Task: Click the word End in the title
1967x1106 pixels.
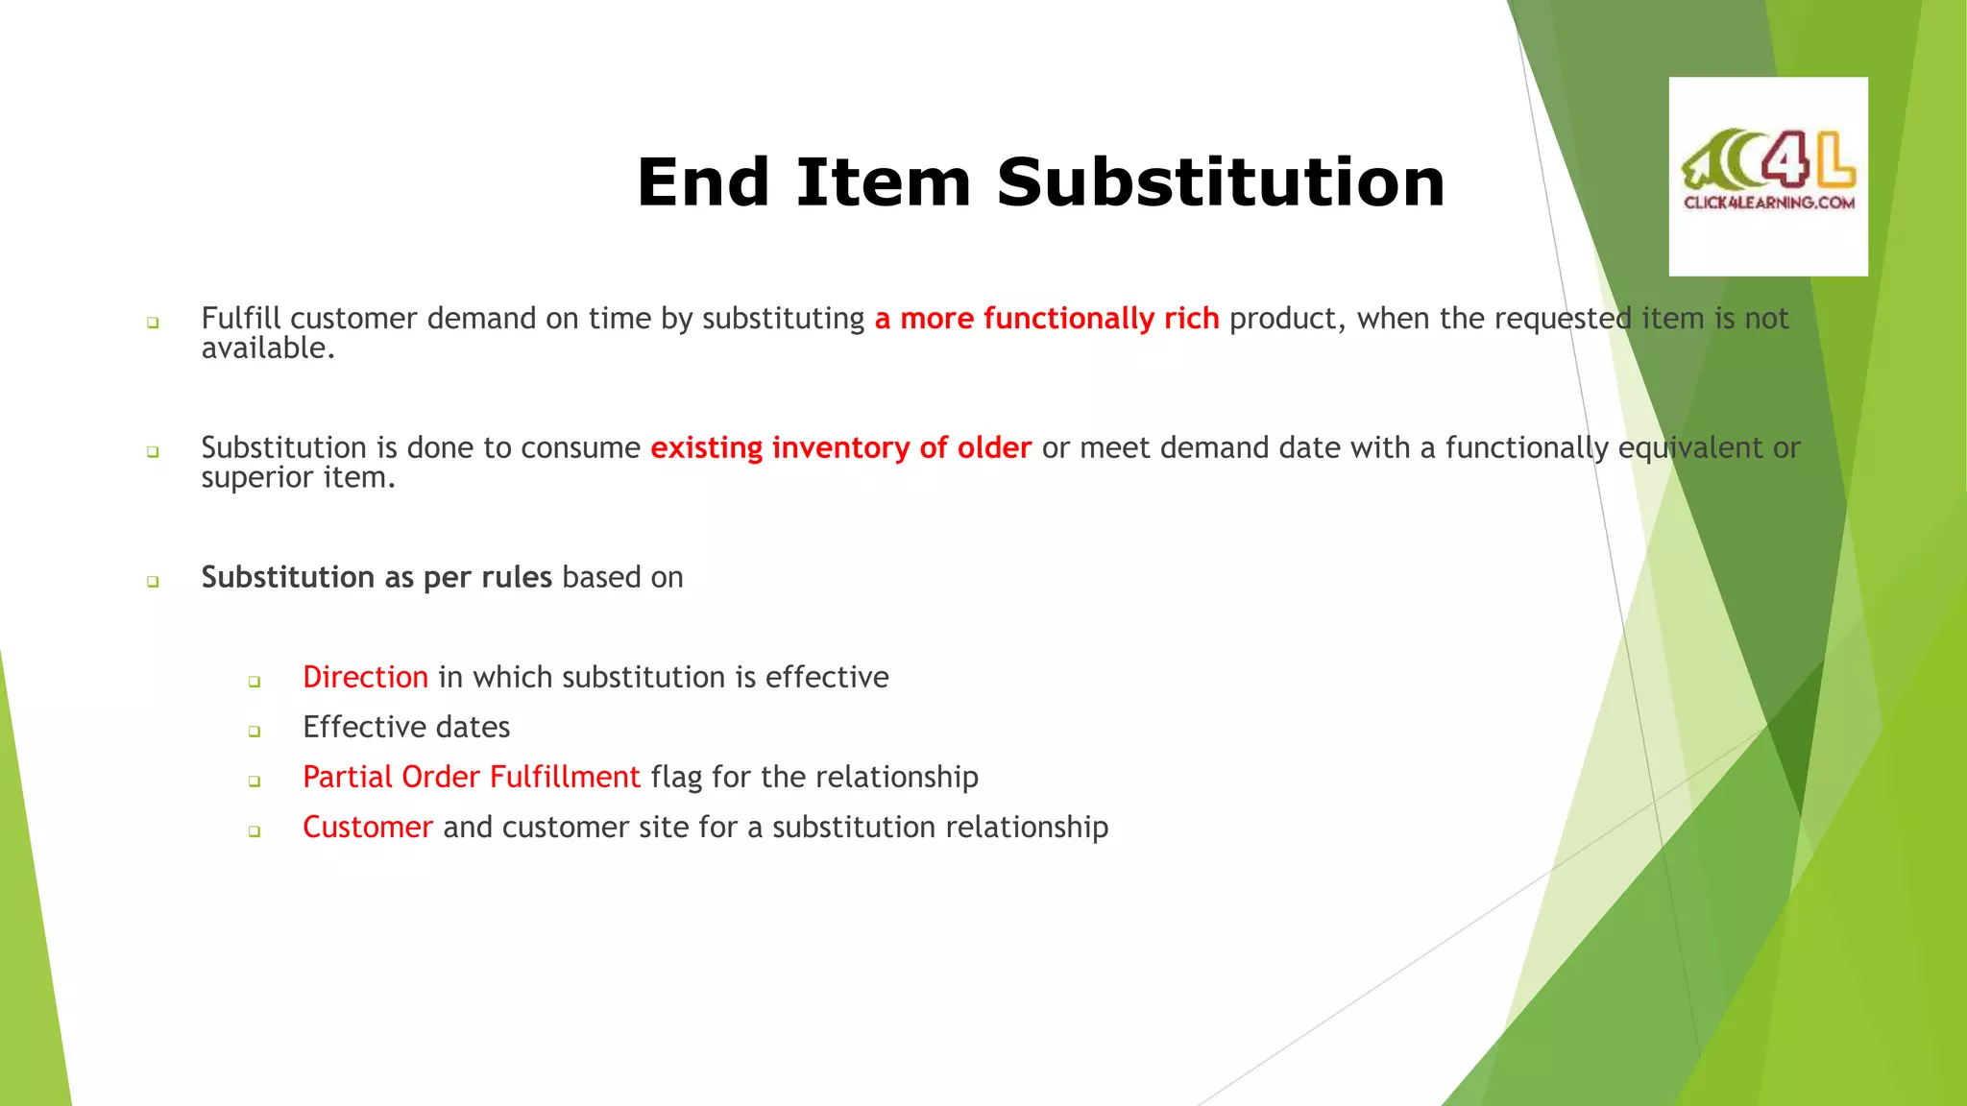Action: click(703, 182)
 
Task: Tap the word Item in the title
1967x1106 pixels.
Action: click(883, 182)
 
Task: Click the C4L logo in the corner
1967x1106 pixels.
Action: click(1768, 163)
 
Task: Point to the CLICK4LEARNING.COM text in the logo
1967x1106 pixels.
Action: click(1768, 203)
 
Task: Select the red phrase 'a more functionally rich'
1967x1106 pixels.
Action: click(1046, 319)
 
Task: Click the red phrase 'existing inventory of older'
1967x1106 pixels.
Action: click(840, 448)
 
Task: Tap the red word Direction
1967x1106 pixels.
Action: click(365, 678)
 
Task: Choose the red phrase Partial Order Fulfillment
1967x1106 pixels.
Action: click(471, 778)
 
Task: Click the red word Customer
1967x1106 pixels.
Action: click(367, 828)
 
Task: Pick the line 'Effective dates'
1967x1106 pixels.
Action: click(406, 728)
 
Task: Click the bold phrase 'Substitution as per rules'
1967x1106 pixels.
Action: click(376, 578)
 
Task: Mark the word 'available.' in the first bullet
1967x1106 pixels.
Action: click(268, 349)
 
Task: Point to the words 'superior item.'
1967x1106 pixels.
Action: click(298, 478)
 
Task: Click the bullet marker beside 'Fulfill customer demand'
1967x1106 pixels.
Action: click(153, 323)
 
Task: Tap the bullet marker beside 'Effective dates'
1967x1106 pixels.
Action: click(255, 732)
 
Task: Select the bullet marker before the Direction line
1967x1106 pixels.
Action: click(255, 682)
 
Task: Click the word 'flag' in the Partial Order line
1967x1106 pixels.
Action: click(676, 778)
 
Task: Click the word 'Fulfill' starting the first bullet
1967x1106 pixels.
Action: click(241, 319)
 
